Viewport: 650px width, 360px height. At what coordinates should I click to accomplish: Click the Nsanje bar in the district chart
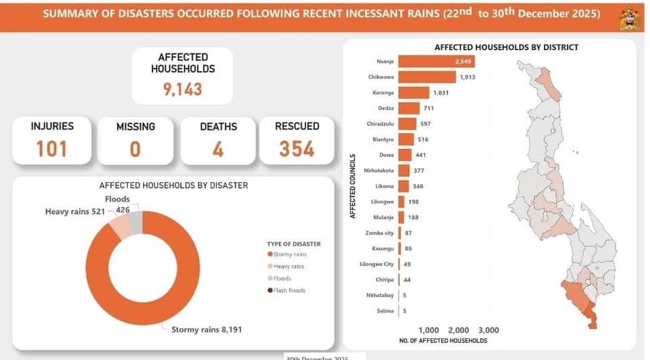[x=436, y=62]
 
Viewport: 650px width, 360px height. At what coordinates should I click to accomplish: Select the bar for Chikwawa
[x=427, y=77]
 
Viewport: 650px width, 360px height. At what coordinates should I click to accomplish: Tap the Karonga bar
[x=414, y=93]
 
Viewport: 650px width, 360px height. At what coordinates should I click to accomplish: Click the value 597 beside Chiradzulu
[x=426, y=124]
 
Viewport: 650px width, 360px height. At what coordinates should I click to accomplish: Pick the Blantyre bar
[x=406, y=139]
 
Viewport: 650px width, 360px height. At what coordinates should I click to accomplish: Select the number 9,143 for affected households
[x=183, y=89]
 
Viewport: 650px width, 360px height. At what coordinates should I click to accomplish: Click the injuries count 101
[x=52, y=148]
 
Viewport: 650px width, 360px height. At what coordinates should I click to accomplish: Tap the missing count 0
[x=135, y=148]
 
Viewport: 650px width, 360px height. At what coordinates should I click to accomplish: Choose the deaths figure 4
[x=218, y=148]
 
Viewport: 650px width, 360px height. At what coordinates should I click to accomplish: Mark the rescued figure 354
[x=297, y=148]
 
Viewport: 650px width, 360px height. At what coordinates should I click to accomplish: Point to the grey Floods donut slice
[x=135, y=221]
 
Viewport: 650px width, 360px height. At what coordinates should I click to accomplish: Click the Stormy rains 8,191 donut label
[x=207, y=330]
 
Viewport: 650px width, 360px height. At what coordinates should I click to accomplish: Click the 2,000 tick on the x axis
[x=458, y=330]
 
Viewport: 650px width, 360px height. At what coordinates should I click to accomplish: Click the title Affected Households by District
[x=506, y=47]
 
